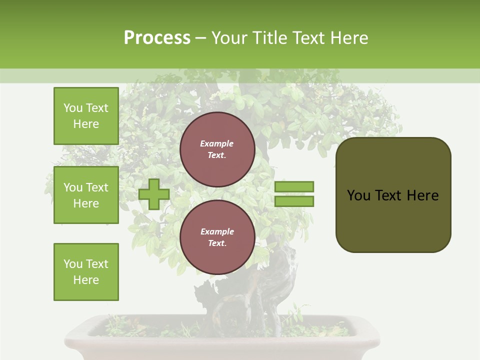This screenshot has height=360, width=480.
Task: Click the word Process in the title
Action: coord(157,38)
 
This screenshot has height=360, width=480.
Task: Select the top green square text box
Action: coord(86,116)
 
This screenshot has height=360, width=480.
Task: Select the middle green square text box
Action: coord(86,195)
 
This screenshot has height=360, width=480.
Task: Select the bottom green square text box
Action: coord(86,271)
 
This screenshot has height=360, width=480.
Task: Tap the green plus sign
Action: coord(154,194)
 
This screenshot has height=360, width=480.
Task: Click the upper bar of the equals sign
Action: coord(294,186)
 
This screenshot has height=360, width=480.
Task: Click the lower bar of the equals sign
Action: coord(294,201)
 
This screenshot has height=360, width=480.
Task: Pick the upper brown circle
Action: coord(217,149)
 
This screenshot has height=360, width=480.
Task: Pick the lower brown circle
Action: coord(217,237)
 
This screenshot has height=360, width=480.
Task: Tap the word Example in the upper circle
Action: coord(216,144)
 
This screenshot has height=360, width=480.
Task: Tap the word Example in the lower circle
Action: coord(217,231)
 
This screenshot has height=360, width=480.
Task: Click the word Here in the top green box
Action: coord(86,124)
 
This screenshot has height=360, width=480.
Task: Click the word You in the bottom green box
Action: coord(73,264)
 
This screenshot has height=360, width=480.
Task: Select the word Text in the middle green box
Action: coord(96,187)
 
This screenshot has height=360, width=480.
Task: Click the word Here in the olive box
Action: coord(422,195)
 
